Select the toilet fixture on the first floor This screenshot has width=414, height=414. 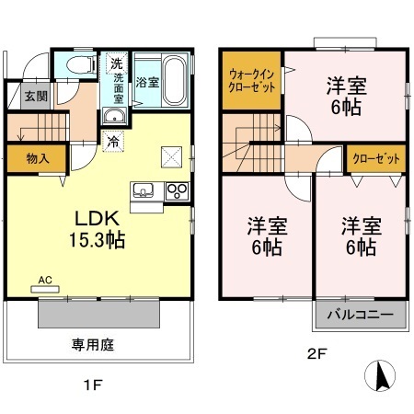(x=77, y=66)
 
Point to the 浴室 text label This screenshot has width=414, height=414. (x=145, y=81)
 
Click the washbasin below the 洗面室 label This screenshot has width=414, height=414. (x=115, y=115)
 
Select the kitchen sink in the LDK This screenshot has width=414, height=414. (x=144, y=190)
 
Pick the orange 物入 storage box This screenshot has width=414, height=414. (x=37, y=158)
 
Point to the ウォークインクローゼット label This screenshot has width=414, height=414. (x=250, y=81)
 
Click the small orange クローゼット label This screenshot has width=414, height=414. (x=377, y=159)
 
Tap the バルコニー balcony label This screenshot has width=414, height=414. (x=361, y=316)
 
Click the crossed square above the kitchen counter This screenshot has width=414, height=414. (x=170, y=155)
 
